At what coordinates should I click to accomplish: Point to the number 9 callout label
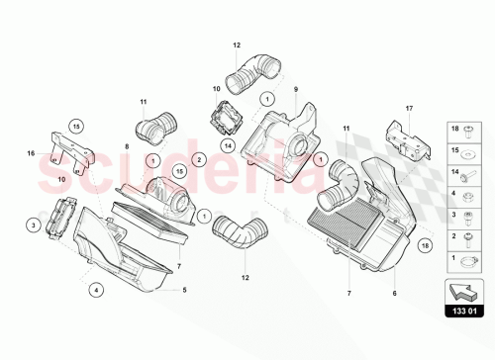coord(295,90)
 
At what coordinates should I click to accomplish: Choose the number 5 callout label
coord(184,290)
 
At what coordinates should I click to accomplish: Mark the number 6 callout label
coord(395,295)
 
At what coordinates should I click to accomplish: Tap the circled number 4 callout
coord(96,290)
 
